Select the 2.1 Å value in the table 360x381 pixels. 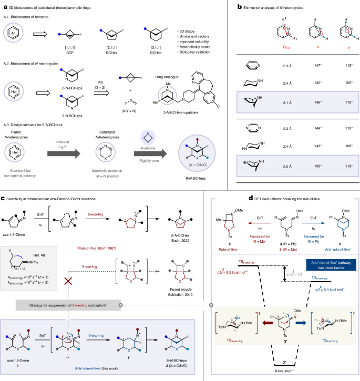(x=285, y=98)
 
